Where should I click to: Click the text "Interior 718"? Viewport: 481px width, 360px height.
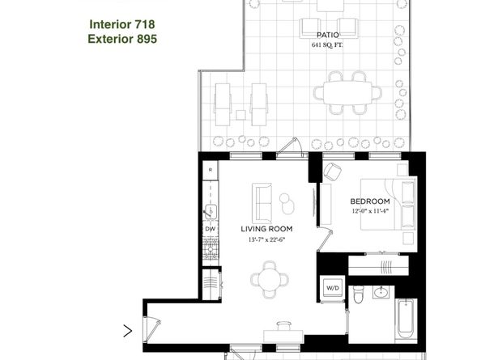point(122,24)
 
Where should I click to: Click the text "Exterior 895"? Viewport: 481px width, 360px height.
point(122,38)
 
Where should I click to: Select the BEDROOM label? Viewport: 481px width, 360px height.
point(370,201)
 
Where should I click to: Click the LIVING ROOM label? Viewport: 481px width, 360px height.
point(266,229)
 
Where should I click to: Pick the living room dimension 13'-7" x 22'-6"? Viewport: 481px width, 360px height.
point(266,239)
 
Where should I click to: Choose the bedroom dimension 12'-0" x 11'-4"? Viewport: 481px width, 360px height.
point(370,211)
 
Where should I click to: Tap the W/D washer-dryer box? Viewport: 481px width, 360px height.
point(333,287)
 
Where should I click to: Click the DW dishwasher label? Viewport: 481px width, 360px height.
point(210,229)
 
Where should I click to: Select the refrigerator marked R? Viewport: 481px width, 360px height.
point(210,170)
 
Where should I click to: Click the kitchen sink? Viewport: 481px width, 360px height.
point(210,212)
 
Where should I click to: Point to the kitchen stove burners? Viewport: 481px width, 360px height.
point(210,248)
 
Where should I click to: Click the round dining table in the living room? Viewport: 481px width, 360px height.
point(267,280)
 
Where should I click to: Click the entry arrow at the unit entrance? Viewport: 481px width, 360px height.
point(128,330)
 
